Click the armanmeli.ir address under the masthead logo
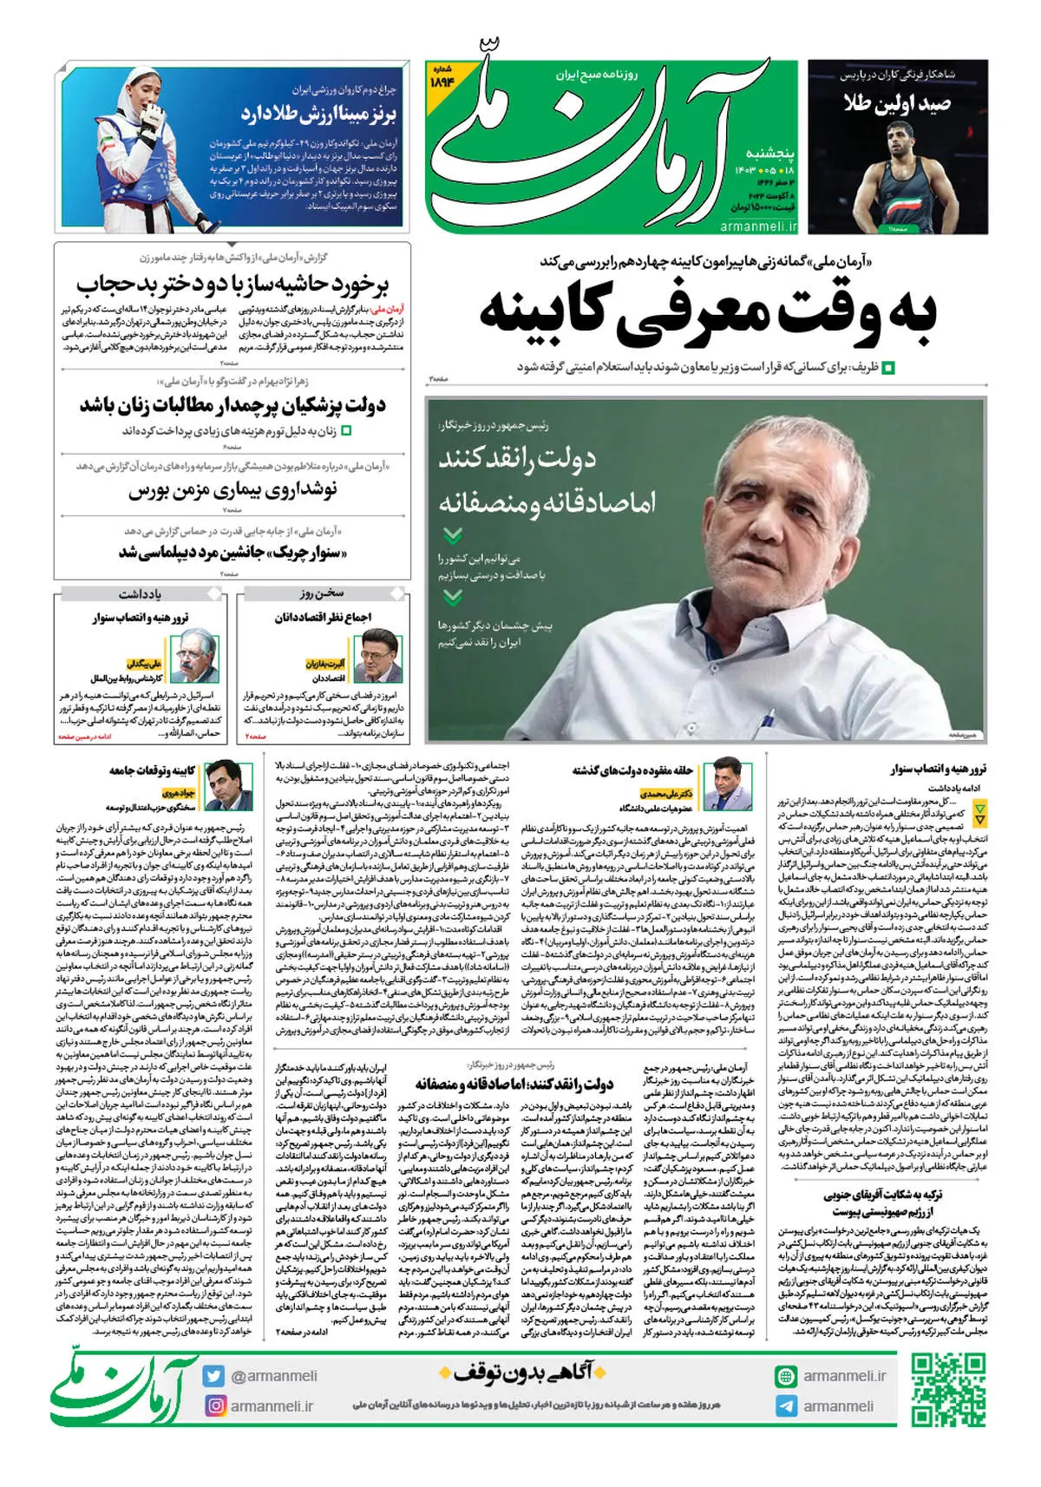758,226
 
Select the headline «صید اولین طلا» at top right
897,104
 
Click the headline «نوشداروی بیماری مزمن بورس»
232,489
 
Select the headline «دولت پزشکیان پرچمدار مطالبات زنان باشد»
232,404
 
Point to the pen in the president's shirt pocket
767,719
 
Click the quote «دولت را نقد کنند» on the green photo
517,458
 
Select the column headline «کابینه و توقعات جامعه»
152,770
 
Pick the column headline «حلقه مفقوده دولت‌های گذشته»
632,770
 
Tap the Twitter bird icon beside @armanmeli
214,1376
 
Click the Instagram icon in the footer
214,1405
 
